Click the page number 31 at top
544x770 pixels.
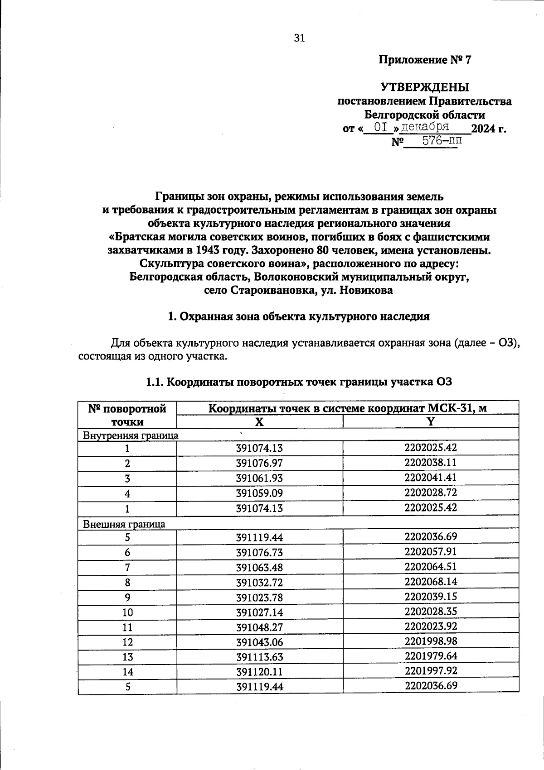coord(300,38)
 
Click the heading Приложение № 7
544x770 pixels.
coord(425,60)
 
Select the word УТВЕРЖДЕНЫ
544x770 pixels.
coord(425,86)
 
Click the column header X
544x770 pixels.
coord(259,422)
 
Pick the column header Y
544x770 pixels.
coord(431,421)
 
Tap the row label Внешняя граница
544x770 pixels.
coord(124,524)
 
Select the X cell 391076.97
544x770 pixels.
coord(259,464)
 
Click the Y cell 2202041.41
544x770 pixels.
coord(431,477)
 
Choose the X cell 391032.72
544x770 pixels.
coord(259,583)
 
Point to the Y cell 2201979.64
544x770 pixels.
coord(431,656)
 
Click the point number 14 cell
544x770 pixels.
coord(127,672)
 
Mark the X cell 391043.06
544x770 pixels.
coord(259,642)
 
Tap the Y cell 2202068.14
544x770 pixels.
coord(431,581)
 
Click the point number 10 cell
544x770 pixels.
coord(127,612)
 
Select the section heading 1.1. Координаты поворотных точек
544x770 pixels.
coord(299,382)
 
